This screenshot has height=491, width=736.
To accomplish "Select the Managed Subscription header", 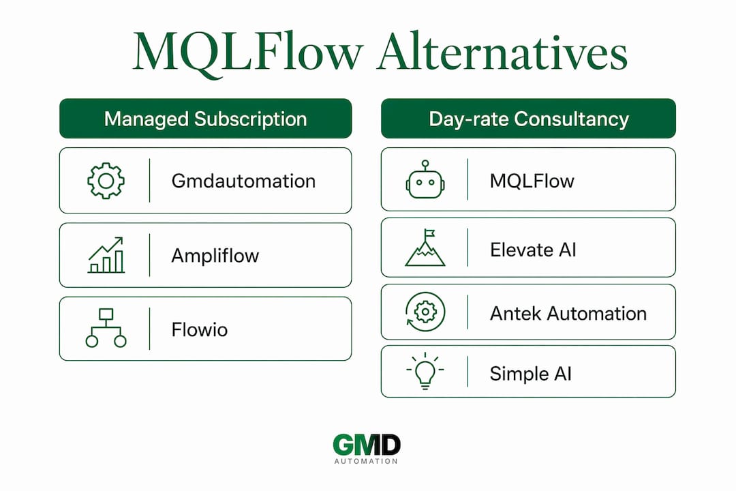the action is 206,119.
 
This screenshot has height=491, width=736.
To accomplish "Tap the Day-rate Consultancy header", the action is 529,119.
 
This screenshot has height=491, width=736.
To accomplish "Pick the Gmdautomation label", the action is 243,181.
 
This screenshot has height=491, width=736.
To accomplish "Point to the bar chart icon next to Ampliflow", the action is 106,255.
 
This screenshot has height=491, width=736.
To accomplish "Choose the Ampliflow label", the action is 215,256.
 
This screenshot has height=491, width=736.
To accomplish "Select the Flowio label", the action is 200,329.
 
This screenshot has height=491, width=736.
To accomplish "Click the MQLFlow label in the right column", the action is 532,181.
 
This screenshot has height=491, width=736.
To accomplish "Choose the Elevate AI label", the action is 533,250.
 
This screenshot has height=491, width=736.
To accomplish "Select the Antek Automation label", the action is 568,314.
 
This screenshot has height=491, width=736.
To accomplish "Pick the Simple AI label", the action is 530,374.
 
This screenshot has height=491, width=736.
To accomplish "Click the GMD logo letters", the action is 367,445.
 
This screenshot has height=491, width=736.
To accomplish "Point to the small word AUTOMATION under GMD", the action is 366,462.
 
